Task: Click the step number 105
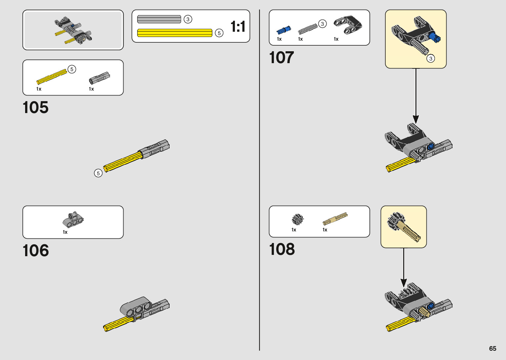pos(36,108)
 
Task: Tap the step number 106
pos(36,251)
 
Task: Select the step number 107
pos(282,58)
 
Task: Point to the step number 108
pos(282,249)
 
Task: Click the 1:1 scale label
pos(238,26)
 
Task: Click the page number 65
pos(492,348)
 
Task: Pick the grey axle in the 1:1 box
pos(159,19)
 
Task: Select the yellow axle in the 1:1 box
pos(175,33)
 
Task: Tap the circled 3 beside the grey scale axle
pos(188,19)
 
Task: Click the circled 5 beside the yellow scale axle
pos(219,33)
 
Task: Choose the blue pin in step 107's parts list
pos(284,30)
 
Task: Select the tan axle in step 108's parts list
pos(335,219)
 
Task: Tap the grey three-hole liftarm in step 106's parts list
pos(73,220)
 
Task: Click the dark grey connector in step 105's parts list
pos(99,78)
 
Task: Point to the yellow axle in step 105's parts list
pos(52,77)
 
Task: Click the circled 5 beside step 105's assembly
pos(98,173)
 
